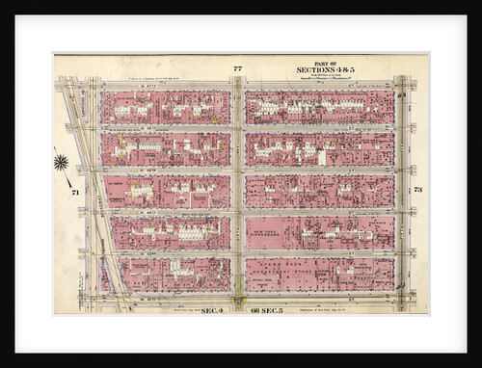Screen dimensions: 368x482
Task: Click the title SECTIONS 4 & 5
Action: click(326, 70)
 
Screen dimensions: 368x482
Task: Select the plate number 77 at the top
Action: click(237, 68)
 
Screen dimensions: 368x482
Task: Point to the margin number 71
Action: click(74, 193)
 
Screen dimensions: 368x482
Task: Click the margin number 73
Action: click(417, 190)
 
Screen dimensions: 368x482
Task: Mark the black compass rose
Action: click(62, 162)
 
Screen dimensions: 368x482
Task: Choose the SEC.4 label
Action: click(213, 310)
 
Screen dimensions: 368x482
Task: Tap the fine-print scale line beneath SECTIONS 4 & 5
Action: click(326, 77)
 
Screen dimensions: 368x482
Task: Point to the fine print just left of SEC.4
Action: click(174, 310)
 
